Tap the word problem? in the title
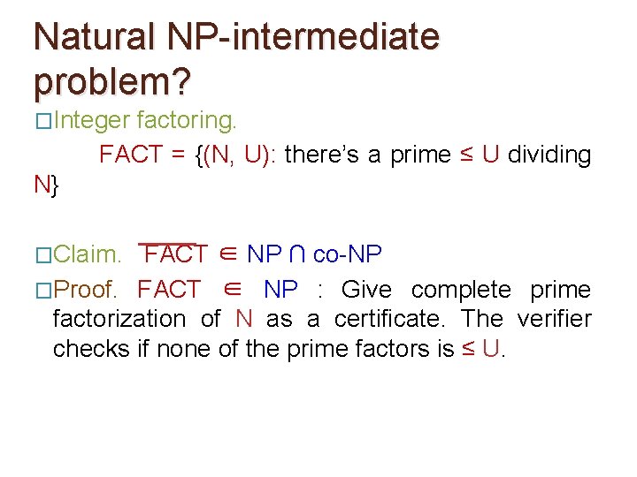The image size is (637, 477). pyautogui.click(x=111, y=81)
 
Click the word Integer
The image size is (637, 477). pyautogui.click(x=91, y=119)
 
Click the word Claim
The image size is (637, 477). pyautogui.click(x=88, y=255)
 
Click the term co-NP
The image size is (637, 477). pyautogui.click(x=348, y=255)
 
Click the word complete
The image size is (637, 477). pyautogui.click(x=461, y=290)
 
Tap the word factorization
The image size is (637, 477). pyautogui.click(x=119, y=319)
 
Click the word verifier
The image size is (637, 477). pyautogui.click(x=554, y=319)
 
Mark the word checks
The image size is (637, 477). pyautogui.click(x=91, y=349)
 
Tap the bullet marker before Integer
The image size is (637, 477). pyautogui.click(x=42, y=120)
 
